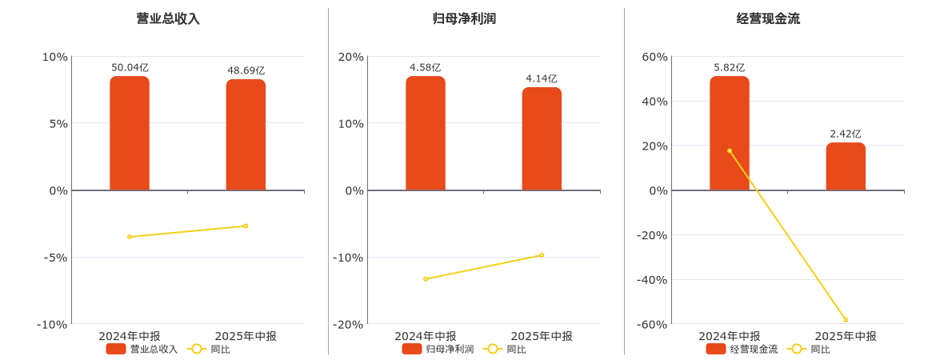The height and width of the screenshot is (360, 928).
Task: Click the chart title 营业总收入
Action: [168, 18]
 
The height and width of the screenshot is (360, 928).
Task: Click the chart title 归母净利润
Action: [464, 18]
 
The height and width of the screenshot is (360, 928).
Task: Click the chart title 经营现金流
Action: [768, 18]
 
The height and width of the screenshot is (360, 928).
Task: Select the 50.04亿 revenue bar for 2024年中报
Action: [130, 134]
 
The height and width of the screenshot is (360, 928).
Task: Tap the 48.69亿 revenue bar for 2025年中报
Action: [246, 135]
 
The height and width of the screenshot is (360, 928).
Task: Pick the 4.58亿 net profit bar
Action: [426, 134]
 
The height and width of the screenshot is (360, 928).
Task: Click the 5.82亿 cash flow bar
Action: [730, 134]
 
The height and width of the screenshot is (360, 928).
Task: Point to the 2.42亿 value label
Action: [846, 134]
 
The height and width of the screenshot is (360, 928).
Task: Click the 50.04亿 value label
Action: [130, 68]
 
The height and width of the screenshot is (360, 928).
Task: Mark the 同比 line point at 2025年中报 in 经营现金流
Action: [846, 320]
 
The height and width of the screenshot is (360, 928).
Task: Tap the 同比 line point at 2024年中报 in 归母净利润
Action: [426, 279]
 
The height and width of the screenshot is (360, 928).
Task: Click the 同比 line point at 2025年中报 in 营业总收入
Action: [246, 226]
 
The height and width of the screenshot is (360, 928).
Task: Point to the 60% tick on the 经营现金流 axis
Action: [655, 57]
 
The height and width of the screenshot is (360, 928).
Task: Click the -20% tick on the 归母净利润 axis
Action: [351, 324]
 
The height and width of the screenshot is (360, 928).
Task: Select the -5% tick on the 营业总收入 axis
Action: [55, 258]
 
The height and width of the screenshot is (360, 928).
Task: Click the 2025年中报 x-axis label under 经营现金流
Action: [846, 336]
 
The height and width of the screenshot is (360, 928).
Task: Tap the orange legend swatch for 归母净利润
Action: [412, 349]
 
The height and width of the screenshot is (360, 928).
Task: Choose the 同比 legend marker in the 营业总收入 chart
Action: [197, 349]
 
